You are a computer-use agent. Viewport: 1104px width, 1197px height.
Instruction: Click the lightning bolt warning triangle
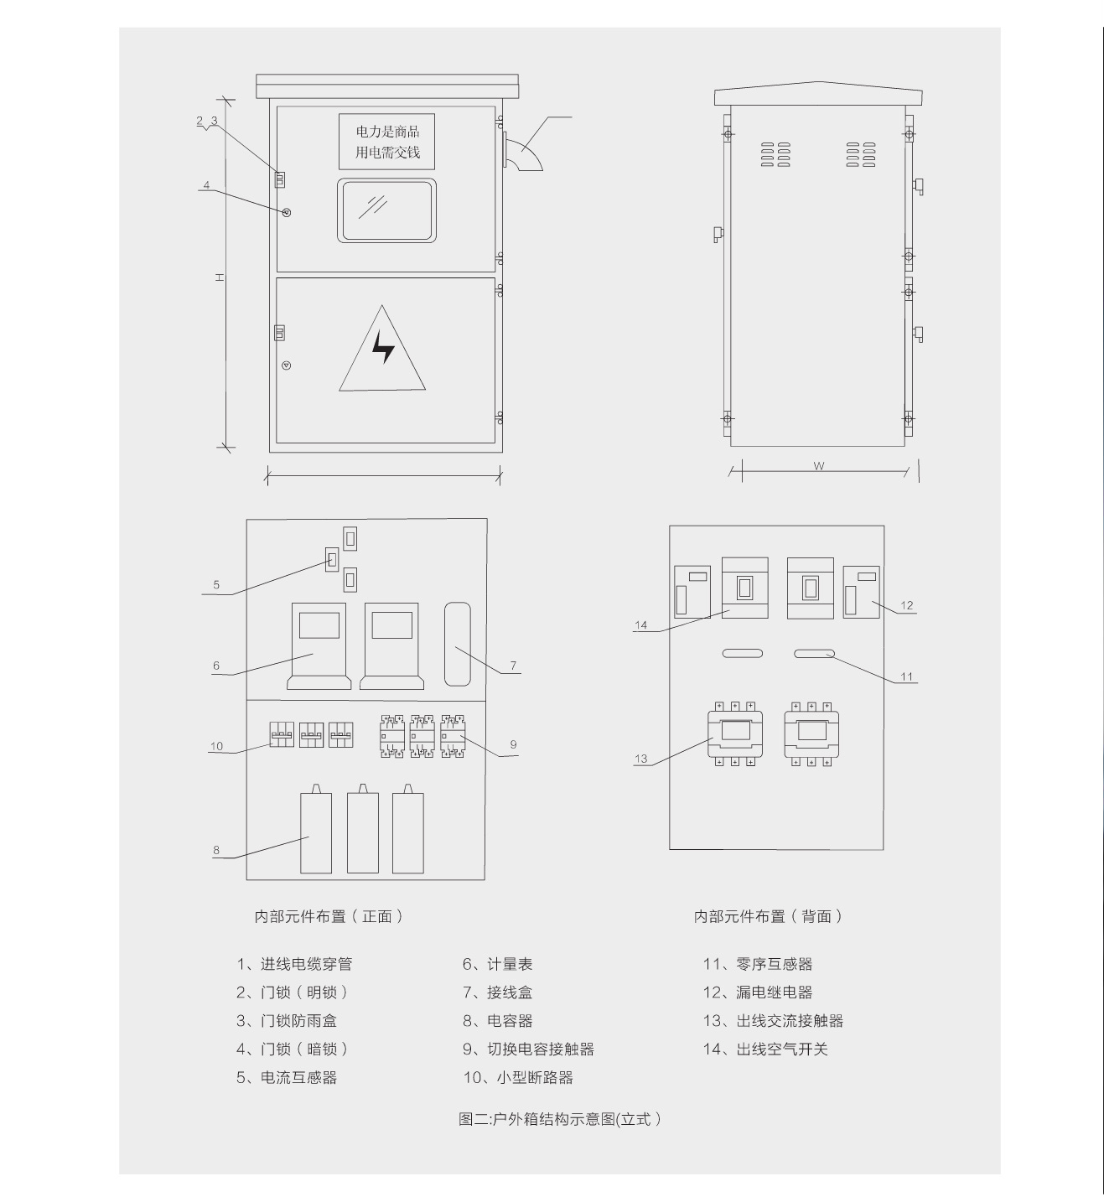[381, 349]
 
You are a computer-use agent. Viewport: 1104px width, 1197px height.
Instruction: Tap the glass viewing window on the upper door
[386, 210]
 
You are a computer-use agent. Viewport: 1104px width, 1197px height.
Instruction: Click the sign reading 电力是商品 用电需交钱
[386, 142]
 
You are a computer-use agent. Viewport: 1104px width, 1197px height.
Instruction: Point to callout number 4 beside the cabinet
[206, 185]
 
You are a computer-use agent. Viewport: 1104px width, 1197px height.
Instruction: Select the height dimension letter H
[220, 277]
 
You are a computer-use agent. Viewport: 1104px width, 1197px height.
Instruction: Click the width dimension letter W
[818, 466]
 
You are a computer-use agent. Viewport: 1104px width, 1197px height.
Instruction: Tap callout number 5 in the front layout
[216, 584]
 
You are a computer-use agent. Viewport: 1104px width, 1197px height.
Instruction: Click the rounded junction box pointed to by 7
[458, 644]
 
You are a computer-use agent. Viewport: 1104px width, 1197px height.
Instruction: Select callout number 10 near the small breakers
[216, 746]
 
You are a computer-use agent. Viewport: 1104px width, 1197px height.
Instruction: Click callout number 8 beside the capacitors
[216, 851]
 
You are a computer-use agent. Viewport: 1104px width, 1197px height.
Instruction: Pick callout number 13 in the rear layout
[641, 759]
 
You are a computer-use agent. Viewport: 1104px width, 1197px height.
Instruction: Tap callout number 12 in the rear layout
[907, 605]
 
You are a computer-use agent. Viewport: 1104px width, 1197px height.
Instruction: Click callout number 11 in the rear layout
[907, 676]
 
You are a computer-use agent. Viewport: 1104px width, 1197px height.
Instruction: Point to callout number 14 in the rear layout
[641, 625]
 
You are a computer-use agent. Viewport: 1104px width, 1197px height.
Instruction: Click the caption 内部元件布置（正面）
[329, 917]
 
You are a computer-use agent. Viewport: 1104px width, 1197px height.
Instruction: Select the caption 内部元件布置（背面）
[769, 917]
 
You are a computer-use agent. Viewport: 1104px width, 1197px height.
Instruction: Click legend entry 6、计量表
[497, 964]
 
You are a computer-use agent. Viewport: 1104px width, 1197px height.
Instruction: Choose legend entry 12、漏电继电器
[757, 992]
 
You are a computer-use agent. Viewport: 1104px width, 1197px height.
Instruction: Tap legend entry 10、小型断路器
[518, 1078]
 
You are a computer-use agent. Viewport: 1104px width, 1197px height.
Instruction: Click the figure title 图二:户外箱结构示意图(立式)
[560, 1119]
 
